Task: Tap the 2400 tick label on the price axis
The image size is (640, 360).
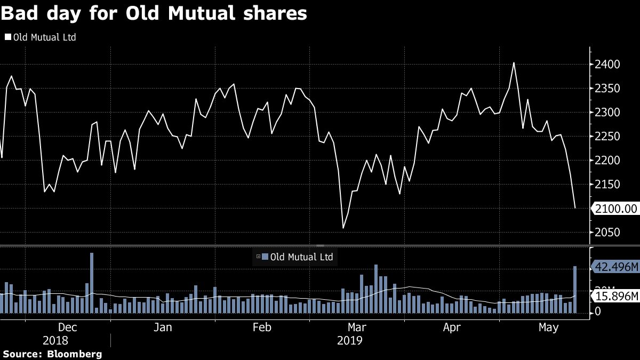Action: [607, 65]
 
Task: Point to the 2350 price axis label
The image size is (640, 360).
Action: [607, 89]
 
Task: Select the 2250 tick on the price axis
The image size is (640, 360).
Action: [607, 137]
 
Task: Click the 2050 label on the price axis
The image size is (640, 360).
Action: [607, 233]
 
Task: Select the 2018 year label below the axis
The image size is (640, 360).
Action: [55, 340]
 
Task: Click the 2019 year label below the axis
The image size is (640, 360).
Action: [350, 340]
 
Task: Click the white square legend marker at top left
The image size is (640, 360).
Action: [7, 37]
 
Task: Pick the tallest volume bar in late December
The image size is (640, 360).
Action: [92, 283]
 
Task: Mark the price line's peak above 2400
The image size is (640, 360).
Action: [514, 63]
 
